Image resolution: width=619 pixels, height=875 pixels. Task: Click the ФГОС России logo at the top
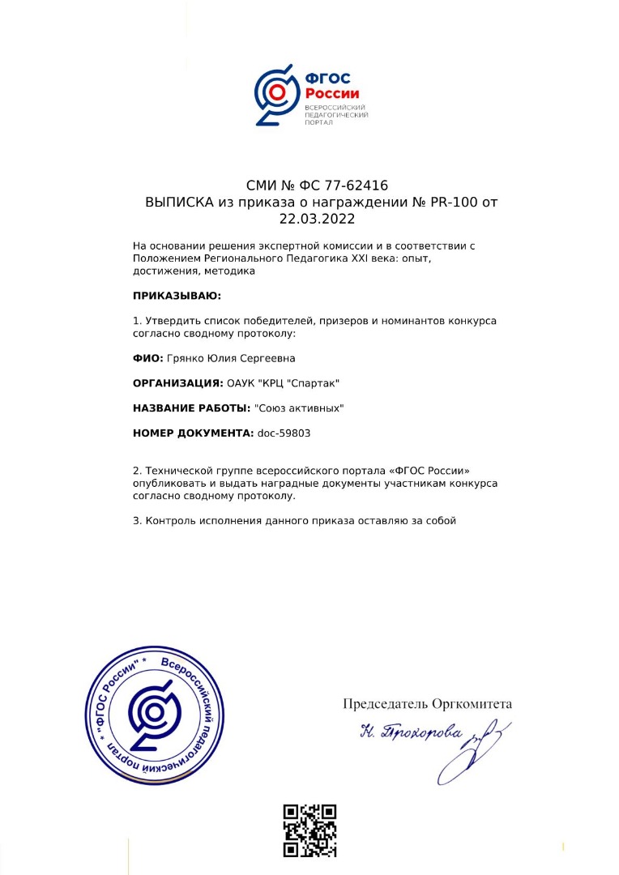(x=311, y=96)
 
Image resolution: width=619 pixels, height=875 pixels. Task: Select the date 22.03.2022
(x=318, y=219)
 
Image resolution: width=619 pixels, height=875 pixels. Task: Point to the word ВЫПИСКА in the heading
(x=179, y=203)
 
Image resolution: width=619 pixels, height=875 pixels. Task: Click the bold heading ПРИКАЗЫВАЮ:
(x=177, y=296)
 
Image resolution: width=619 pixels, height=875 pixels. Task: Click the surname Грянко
(x=189, y=357)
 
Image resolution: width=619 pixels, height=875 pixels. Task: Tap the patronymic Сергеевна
(x=272, y=357)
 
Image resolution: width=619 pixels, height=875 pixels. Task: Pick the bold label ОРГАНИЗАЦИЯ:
(x=178, y=382)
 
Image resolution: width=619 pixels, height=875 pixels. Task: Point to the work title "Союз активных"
(x=299, y=408)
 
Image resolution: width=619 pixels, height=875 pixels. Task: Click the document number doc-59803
(x=284, y=433)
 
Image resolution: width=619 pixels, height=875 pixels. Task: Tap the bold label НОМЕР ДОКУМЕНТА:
(x=193, y=433)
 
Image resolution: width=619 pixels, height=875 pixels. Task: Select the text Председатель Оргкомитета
(x=427, y=704)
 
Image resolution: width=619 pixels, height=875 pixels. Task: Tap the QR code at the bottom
(x=309, y=830)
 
